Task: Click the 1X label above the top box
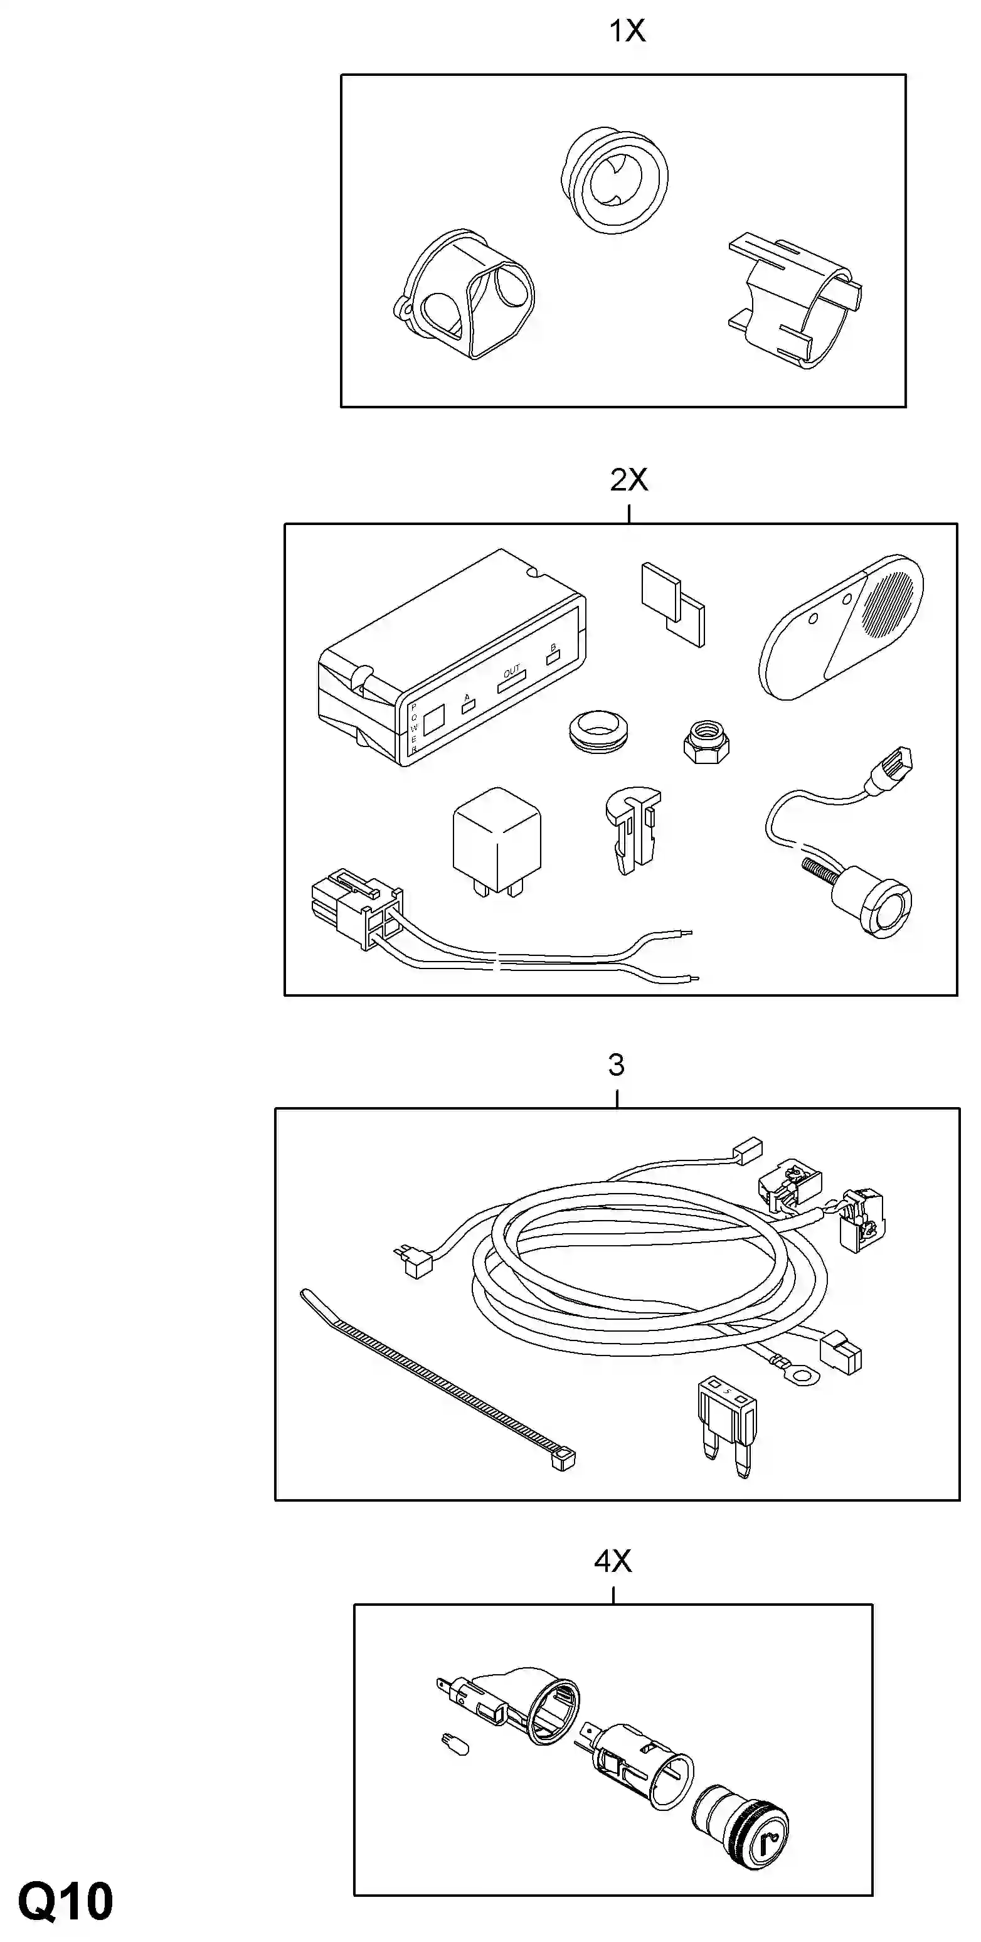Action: pos(627,31)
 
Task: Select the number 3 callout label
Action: pos(616,1065)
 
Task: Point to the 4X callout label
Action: pos(613,1561)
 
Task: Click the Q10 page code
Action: pos(66,1901)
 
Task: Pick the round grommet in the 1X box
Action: pos(615,181)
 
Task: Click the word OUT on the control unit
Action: pos(512,670)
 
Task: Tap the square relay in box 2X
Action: pos(496,842)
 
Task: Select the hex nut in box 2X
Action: pos(705,740)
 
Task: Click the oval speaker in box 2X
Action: pos(840,627)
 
